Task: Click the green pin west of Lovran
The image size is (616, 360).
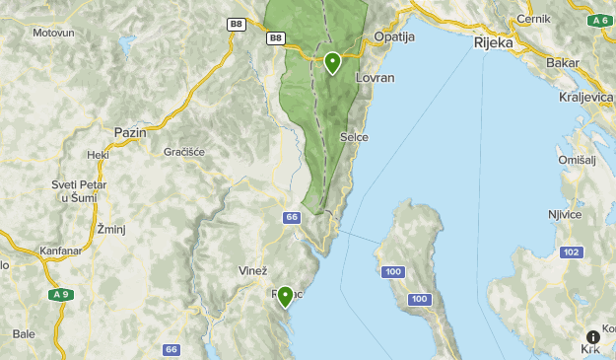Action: coord(332,63)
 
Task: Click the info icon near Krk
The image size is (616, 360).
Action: coord(592,337)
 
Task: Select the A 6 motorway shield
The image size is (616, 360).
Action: coord(598,20)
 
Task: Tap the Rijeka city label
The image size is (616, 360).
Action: coord(495,43)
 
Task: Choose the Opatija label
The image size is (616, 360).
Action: coord(394,37)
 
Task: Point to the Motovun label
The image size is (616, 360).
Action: coord(53,33)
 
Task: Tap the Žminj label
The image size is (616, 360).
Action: coord(110,229)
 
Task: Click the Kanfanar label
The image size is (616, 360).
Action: coord(63,251)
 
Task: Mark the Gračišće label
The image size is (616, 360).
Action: coord(184,152)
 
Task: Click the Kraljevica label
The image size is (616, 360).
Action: coord(585,97)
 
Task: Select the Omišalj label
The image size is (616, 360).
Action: coord(578,160)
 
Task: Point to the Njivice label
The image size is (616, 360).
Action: coord(565,214)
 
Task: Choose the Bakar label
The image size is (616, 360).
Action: coord(562,62)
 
